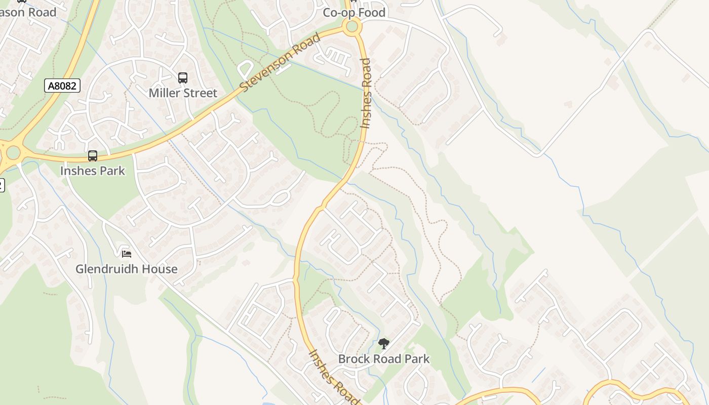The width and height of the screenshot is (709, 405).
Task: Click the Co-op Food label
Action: click(354, 13)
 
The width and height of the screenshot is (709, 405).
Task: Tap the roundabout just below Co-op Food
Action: click(352, 27)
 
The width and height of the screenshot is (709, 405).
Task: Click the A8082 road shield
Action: click(62, 86)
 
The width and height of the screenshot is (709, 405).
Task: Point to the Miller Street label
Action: click(183, 93)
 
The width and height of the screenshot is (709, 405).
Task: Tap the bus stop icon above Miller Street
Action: click(183, 78)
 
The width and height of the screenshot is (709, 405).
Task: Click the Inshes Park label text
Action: click(92, 171)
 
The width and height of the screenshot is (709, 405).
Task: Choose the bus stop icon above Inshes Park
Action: click(92, 156)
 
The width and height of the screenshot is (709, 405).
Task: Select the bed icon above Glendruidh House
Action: click(127, 253)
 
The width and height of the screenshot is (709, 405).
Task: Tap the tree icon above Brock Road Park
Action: click(384, 344)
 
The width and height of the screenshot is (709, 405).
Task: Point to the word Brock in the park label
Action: click(353, 359)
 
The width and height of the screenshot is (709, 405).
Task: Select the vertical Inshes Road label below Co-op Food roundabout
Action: click(366, 94)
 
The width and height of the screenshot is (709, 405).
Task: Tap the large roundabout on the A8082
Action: click(12, 152)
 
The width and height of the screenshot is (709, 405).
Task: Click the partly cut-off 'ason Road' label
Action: click(28, 13)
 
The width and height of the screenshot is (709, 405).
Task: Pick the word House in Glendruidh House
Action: click(160, 269)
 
